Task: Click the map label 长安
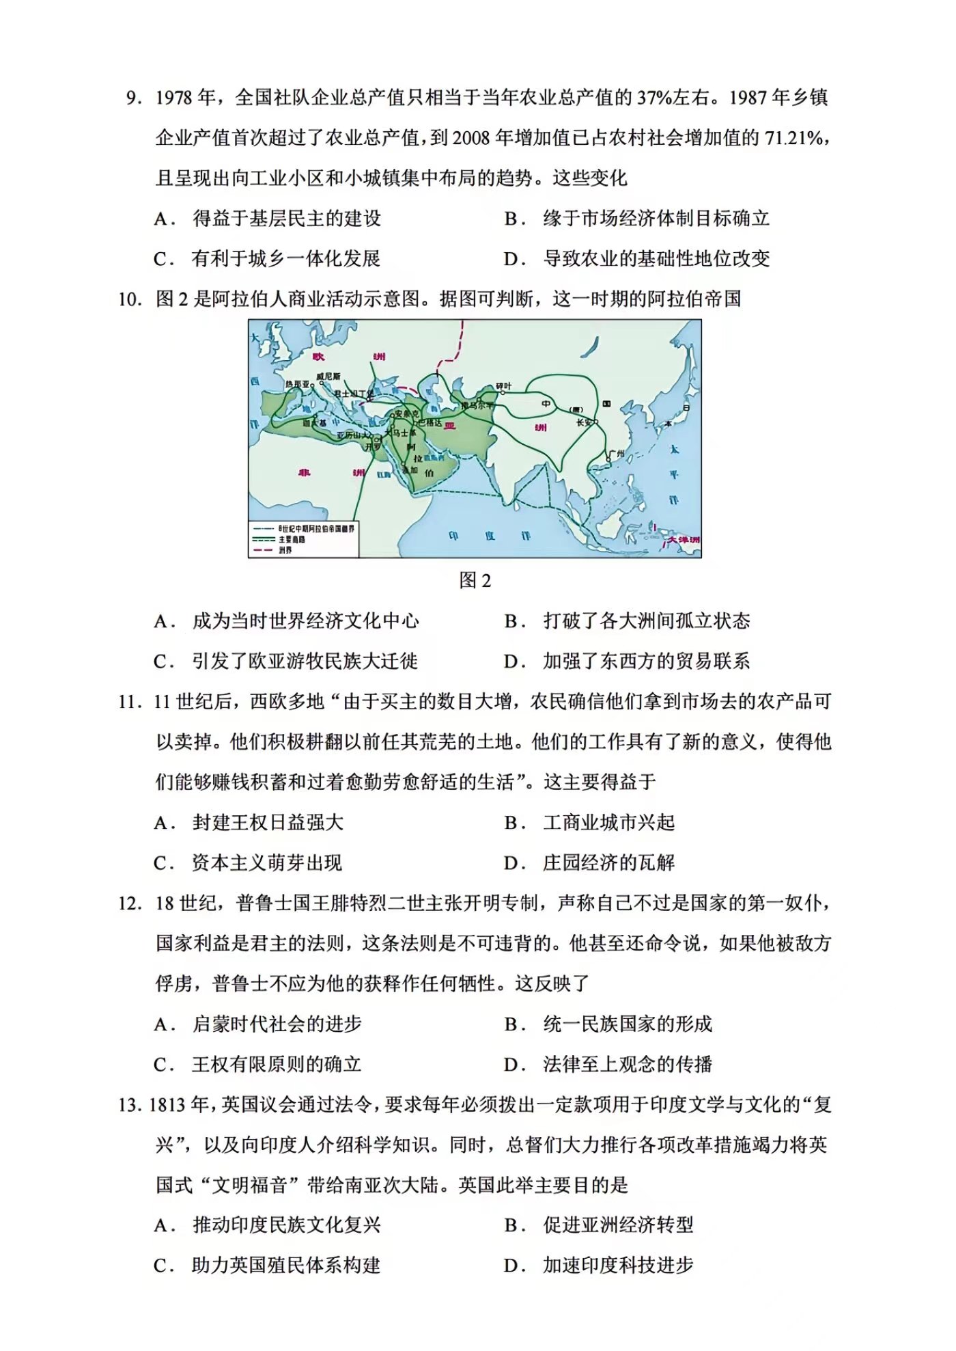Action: pos(584,422)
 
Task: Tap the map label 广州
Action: pos(617,453)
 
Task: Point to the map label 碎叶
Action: pos(503,386)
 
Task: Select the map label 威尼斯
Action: pos(328,377)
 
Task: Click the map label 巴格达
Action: pos(430,423)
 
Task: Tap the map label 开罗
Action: pos(373,446)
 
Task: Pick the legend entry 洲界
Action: pos(285,549)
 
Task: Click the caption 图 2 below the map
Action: pos(475,580)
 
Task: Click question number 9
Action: pos(133,98)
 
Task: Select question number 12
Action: pos(129,903)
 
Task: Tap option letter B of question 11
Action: pos(512,823)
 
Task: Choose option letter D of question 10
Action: pos(512,661)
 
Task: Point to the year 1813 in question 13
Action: pos(168,1105)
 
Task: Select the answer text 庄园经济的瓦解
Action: pos(608,863)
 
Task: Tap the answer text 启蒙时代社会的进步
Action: pos(277,1024)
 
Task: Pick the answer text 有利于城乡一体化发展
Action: pos(285,259)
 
